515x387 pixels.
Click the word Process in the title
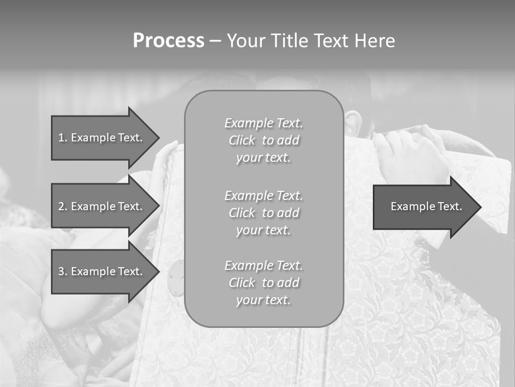(x=168, y=40)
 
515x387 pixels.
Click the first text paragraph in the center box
(x=263, y=140)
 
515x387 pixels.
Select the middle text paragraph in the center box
(x=263, y=213)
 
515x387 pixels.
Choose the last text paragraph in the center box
(x=263, y=283)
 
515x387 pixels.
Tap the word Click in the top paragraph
(x=242, y=141)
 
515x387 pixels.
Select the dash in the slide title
(x=215, y=41)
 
